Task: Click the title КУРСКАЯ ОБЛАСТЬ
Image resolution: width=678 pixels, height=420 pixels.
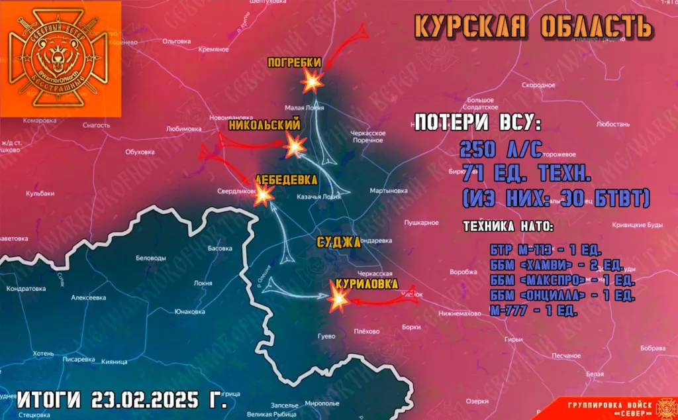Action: [533, 26]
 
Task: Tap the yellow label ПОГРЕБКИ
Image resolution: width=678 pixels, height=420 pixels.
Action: [295, 63]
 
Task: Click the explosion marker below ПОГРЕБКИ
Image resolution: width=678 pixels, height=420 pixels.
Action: [311, 81]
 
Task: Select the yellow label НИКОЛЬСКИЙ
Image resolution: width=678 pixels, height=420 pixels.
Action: [264, 125]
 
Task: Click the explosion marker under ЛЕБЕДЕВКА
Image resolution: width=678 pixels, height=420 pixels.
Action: [264, 193]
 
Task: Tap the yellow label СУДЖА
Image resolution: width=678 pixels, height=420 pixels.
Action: [338, 242]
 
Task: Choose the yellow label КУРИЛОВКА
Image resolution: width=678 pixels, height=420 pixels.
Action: [367, 284]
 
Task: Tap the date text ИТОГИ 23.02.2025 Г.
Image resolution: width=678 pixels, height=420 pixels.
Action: [122, 400]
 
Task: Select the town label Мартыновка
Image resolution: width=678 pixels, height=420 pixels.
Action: [389, 191]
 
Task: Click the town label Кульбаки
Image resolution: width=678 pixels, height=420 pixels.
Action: [40, 193]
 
